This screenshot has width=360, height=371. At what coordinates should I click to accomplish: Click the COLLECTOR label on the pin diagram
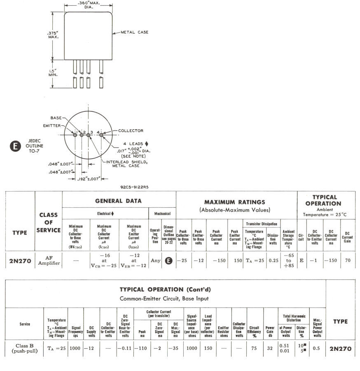pos(131,131)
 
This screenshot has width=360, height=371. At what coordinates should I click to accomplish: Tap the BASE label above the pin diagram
pos(56,117)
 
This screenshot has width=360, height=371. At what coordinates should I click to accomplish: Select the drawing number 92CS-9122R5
pos(134,187)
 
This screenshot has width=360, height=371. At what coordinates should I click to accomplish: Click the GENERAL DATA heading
pos(119,201)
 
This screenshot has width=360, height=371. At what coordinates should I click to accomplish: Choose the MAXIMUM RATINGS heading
pos(234,202)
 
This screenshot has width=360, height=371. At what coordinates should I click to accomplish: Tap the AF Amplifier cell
pos(49,260)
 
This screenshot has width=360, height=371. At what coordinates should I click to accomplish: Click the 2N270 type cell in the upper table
pos(20,261)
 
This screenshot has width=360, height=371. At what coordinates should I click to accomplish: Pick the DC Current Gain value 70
pos(348,261)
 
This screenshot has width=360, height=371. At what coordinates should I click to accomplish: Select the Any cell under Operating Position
pos(155,261)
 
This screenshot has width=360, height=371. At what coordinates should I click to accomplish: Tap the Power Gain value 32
pos(270,349)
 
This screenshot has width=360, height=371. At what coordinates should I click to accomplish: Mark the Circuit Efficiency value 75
pos(254,349)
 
